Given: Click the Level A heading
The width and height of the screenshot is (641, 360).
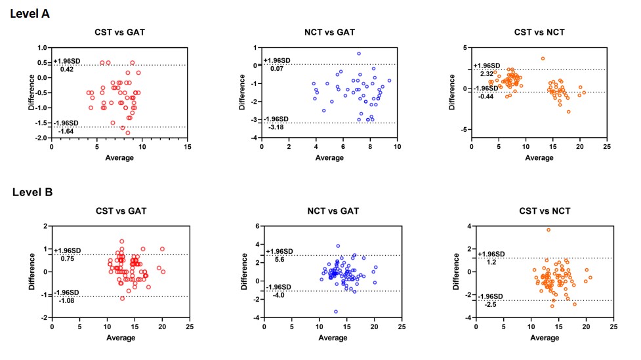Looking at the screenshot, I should (30, 13).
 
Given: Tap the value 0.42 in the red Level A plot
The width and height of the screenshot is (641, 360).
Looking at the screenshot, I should (67, 69).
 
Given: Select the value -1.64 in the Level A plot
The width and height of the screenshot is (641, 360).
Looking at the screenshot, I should (66, 131).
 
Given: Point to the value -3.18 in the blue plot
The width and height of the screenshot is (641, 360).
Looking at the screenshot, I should (276, 127).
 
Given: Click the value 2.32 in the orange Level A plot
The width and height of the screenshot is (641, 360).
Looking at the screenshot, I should (487, 73).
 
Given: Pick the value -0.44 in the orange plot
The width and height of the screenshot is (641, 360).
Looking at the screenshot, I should (486, 96).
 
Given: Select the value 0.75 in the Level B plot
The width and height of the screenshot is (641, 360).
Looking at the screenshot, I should (68, 258).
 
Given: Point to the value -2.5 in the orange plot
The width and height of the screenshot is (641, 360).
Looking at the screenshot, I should (491, 304).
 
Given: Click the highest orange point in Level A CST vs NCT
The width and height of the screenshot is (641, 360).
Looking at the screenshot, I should (543, 58).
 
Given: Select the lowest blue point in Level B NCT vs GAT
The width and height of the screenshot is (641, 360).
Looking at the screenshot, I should (336, 311).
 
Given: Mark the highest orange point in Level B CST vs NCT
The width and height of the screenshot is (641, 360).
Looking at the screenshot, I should (548, 230).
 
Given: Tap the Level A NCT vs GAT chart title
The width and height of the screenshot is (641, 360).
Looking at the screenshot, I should (329, 32).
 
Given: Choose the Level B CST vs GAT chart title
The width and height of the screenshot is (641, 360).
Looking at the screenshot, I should (119, 211).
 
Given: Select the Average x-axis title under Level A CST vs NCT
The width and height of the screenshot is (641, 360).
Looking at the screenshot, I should (539, 157).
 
